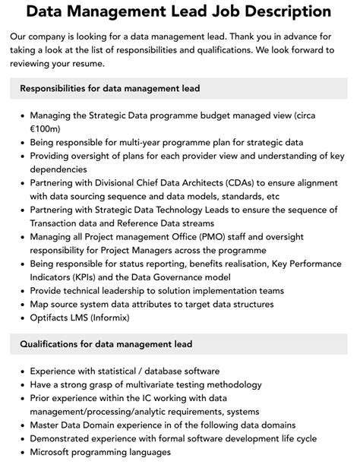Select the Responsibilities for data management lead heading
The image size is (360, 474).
110,88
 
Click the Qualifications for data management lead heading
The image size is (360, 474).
106,344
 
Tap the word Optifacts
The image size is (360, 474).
52,318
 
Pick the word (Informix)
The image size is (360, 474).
125,318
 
